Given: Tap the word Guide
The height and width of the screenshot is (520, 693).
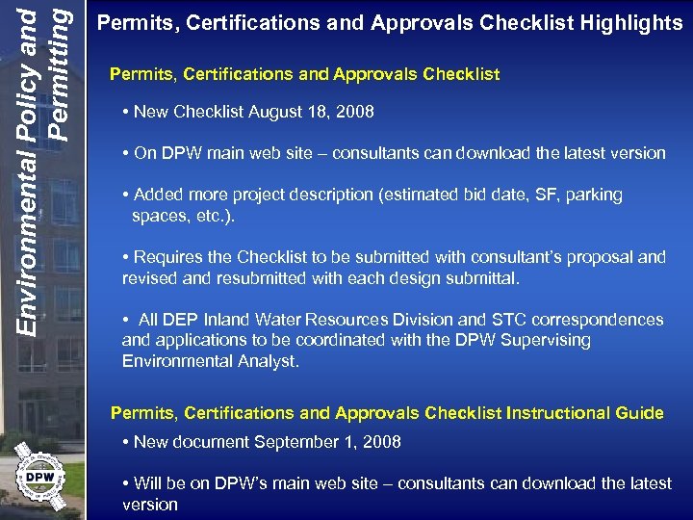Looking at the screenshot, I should coord(641,413).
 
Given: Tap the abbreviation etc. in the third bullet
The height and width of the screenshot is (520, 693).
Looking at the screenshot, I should coord(214,216).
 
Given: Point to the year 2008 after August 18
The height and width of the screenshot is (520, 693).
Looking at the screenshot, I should coord(354,113).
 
